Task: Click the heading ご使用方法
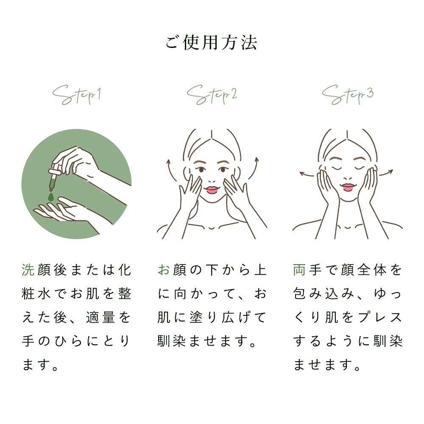tap(212, 44)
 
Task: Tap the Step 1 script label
tap(76, 95)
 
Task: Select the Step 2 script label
tap(212, 95)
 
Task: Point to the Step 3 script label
tap(347, 95)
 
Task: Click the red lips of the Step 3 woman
tap(348, 187)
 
